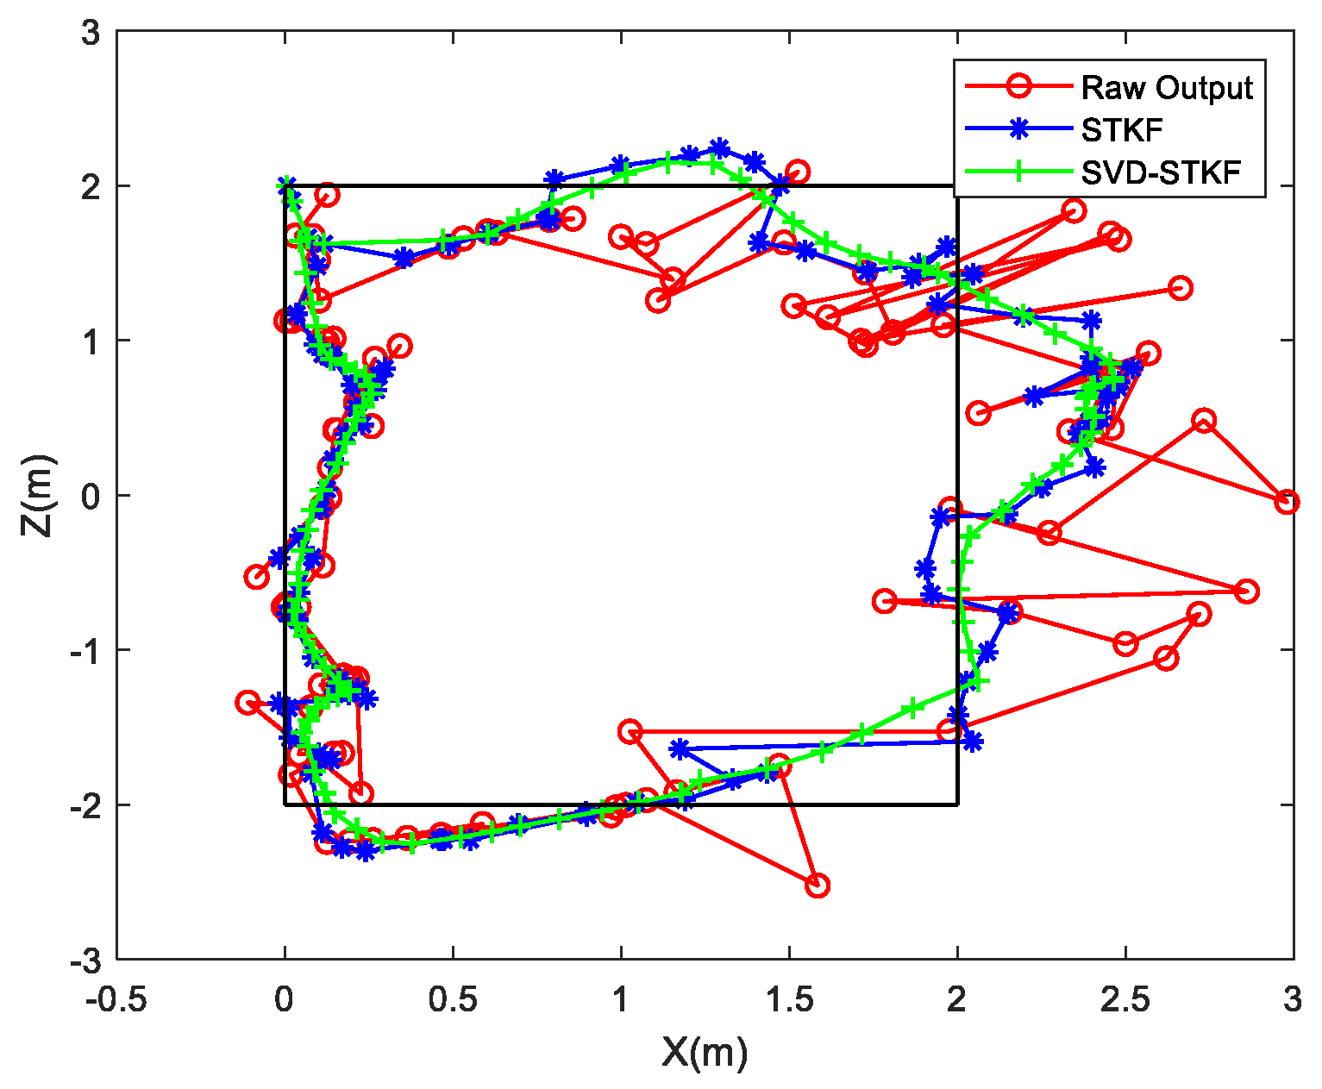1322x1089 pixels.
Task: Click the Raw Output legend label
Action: (1167, 88)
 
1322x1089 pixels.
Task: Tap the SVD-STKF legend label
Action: (1161, 172)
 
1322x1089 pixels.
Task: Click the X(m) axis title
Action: (705, 1053)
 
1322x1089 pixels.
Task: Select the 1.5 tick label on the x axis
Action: (788, 1001)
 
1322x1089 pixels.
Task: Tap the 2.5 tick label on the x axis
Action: (1125, 1001)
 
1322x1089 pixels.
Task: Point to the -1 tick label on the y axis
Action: (85, 650)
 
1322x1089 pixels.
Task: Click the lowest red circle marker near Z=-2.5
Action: (817, 885)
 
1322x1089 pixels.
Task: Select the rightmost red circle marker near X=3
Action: (1287, 502)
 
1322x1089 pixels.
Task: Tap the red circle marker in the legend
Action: (1018, 87)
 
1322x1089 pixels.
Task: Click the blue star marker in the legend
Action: (1018, 129)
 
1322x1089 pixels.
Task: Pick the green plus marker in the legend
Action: (1018, 172)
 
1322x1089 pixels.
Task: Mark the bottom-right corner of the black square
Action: (957, 804)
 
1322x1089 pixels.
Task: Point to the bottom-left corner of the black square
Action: (285, 804)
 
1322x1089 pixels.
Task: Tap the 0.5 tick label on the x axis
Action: (452, 1001)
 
